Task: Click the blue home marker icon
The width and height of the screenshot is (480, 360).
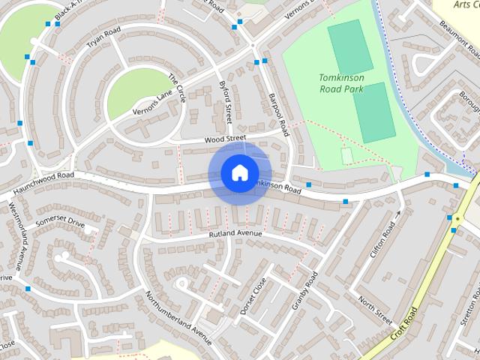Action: point(239,172)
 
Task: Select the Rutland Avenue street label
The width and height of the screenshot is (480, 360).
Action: point(235,234)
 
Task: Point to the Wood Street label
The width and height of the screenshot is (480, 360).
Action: point(225,139)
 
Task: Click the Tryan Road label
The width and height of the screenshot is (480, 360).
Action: point(103,37)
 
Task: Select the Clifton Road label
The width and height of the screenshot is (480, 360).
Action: point(382,238)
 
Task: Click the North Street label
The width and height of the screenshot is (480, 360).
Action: point(375,305)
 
